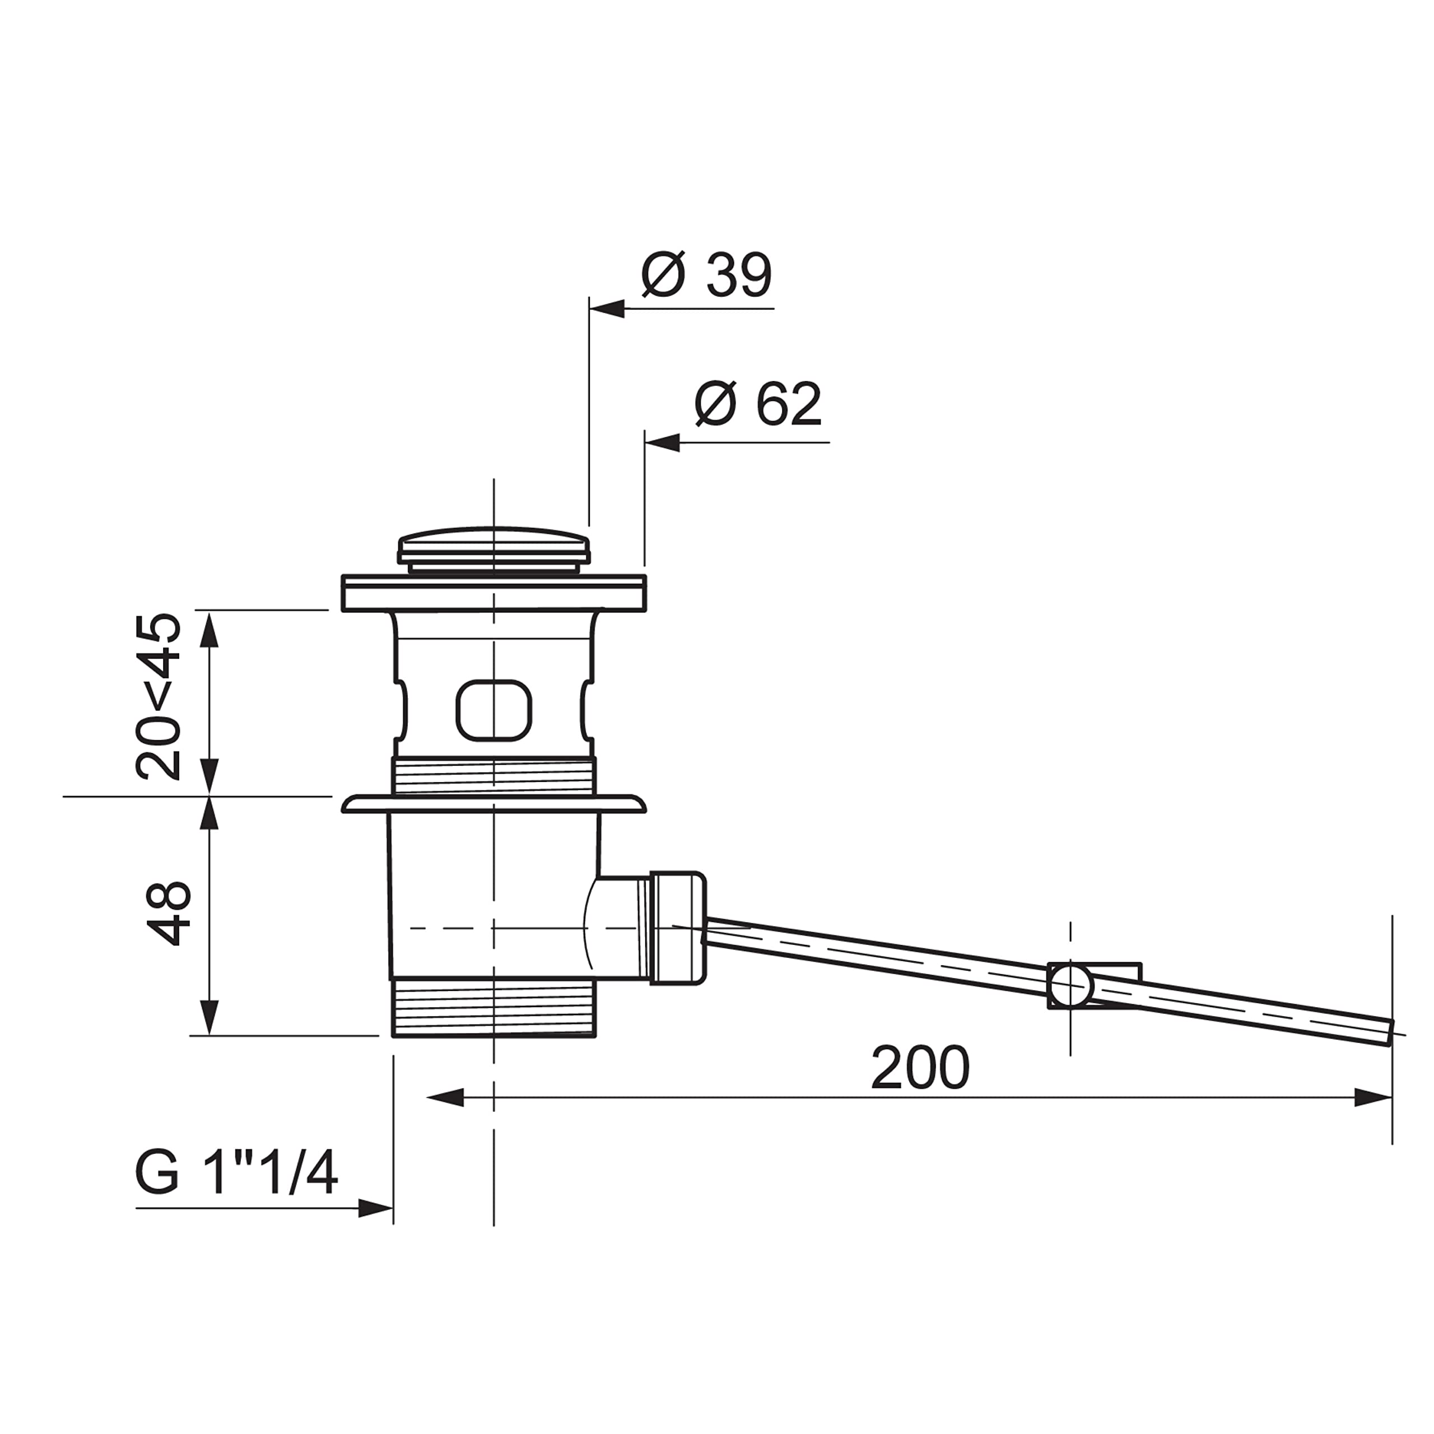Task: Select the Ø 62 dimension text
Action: (x=758, y=404)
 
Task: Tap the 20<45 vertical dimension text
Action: (x=158, y=696)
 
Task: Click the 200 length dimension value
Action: (x=920, y=1068)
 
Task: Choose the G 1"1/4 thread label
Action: (x=236, y=1173)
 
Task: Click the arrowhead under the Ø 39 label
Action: (x=607, y=309)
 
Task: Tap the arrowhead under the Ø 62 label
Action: (x=662, y=443)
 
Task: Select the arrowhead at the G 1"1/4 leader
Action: (x=375, y=1208)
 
